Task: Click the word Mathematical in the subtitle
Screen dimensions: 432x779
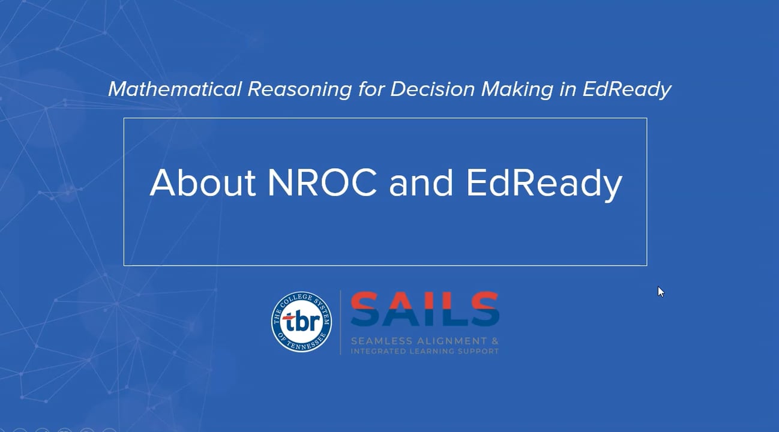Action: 174,89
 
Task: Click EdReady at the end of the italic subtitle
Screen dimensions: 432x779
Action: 627,89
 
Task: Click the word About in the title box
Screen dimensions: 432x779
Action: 203,182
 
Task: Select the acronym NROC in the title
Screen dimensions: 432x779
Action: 322,182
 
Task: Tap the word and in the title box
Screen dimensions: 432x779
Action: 421,182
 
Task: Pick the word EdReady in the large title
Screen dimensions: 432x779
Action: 544,184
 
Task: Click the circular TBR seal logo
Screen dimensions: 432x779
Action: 301,322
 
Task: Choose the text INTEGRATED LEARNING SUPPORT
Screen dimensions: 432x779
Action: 424,351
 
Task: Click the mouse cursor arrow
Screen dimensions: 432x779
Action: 660,291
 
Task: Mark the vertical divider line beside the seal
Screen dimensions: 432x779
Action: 341,322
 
